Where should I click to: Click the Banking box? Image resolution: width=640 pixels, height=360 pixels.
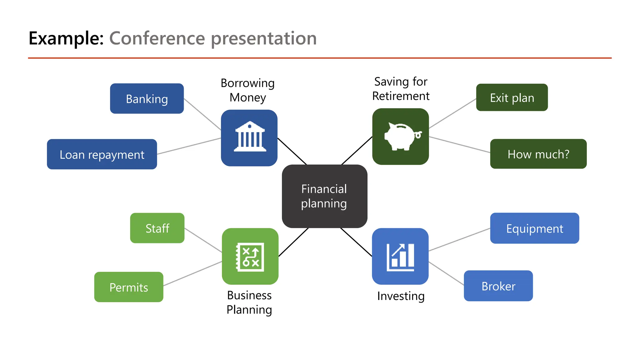147,99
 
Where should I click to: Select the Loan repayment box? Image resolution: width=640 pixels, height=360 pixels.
102,154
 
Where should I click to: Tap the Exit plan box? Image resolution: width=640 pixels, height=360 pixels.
512,97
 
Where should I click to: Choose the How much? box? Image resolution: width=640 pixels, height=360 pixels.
538,154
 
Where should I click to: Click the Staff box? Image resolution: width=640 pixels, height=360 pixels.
157,228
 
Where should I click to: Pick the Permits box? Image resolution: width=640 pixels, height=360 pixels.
128,287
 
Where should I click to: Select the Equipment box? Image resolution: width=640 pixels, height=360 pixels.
534,228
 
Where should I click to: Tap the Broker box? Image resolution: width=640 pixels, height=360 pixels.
498,286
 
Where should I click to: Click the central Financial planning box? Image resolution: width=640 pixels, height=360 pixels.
324,196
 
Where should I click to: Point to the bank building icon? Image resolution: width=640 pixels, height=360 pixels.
249,137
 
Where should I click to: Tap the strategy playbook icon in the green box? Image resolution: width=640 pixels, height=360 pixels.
250,257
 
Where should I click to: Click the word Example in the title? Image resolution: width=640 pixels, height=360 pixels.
66,38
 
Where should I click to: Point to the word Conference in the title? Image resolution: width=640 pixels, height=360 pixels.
157,38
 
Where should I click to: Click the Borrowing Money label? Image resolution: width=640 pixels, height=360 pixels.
247,90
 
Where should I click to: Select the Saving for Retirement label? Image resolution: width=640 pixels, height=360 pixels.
401,89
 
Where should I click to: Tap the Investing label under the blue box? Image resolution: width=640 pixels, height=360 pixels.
401,296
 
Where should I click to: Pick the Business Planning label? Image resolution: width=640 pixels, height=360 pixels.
249,302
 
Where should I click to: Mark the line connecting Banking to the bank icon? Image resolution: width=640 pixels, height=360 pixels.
202,114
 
